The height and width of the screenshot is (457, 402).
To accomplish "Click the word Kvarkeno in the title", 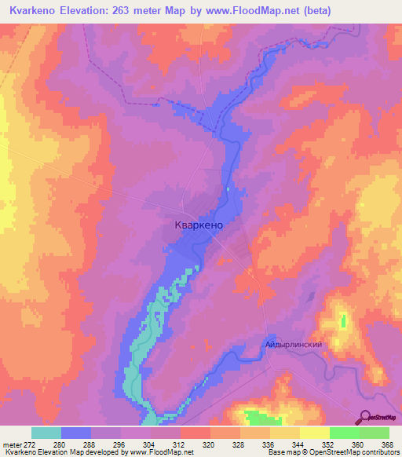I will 33,11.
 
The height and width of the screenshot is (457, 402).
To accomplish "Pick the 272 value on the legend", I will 31,445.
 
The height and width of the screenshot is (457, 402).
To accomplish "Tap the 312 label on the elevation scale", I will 180,445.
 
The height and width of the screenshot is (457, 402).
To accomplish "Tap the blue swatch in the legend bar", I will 75,433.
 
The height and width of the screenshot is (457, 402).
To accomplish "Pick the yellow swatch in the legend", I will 314,433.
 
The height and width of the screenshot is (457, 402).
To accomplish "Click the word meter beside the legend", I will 10,445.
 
